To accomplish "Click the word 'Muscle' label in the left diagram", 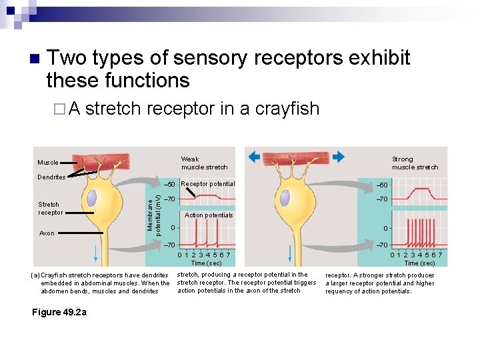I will (48, 162).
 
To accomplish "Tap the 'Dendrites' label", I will (51, 177).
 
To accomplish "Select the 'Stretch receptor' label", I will (50, 209).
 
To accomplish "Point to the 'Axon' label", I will (47, 233).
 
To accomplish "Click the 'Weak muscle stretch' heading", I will (204, 163).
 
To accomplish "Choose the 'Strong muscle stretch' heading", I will (415, 163).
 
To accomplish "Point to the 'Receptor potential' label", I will (208, 184).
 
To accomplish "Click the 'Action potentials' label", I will (209, 215).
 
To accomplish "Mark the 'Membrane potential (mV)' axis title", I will (153, 210).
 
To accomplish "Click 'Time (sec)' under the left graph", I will (205, 263).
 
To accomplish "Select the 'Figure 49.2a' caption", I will (59, 312).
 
